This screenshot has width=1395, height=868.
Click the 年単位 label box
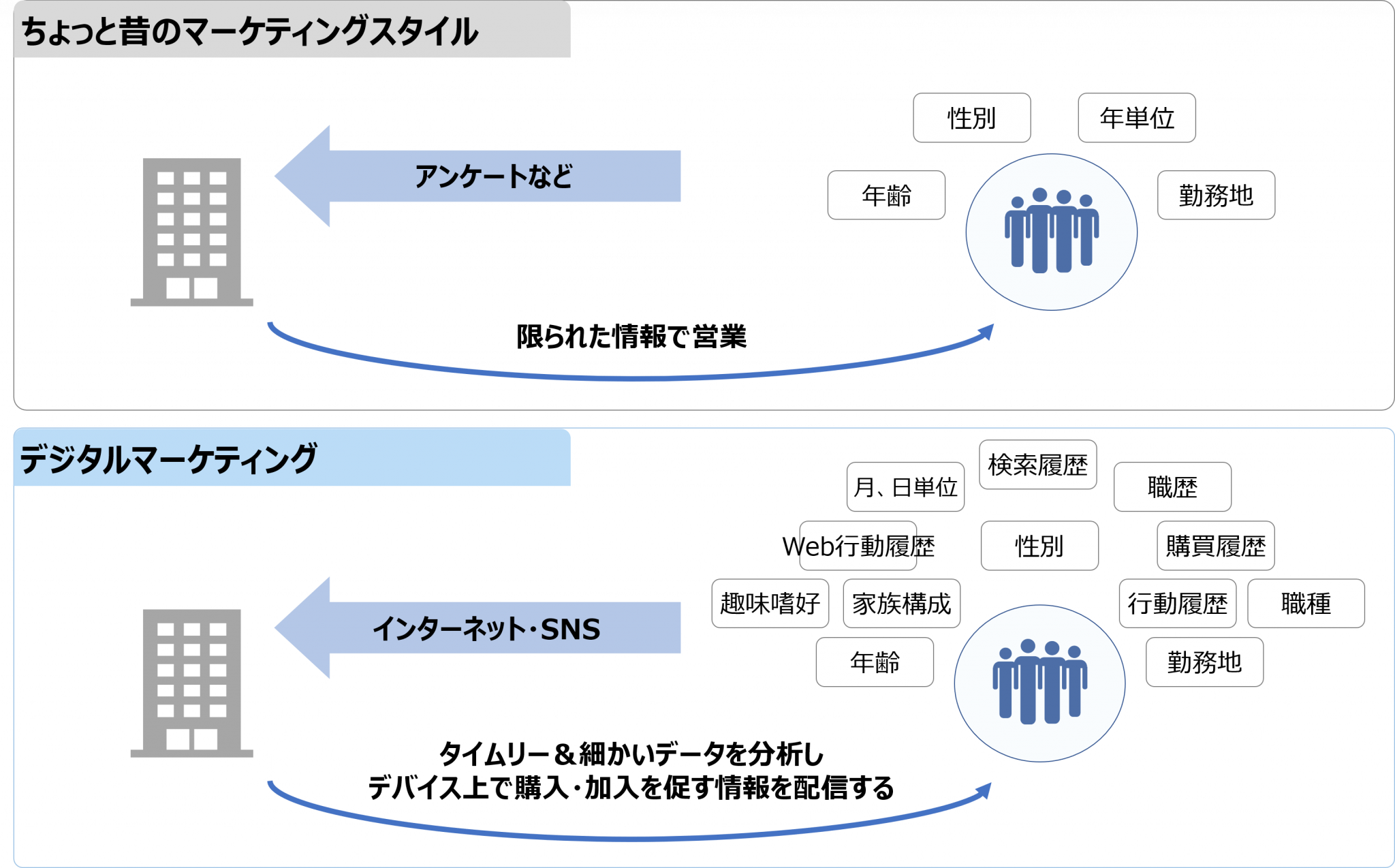click(x=1136, y=118)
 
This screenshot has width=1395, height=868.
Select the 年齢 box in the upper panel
click(x=886, y=196)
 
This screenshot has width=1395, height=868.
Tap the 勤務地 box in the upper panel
click(x=1216, y=196)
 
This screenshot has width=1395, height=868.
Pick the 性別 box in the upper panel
click(x=971, y=118)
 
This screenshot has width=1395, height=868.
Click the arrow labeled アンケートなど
click(x=477, y=176)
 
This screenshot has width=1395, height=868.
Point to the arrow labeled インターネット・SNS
click(x=477, y=627)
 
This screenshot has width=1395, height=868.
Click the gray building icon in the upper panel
click(x=191, y=232)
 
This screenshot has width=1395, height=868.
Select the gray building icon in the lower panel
click(x=191, y=683)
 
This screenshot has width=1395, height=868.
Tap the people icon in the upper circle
click(x=1051, y=230)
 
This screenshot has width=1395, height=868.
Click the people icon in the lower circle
click(x=1039, y=681)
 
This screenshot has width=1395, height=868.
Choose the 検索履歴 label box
click(x=1037, y=465)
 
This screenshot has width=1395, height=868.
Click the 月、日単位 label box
click(x=905, y=487)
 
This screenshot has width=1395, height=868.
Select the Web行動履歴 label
click(x=858, y=546)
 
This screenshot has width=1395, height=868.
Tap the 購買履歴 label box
click(x=1215, y=546)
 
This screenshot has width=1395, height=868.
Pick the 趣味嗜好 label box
click(x=770, y=604)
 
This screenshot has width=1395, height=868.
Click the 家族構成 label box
click(x=901, y=604)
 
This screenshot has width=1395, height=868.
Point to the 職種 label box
click(x=1306, y=604)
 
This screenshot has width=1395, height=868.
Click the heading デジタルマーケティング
click(x=168, y=459)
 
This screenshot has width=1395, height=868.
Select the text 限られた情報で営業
click(x=631, y=337)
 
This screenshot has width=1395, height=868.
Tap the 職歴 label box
click(x=1172, y=487)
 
